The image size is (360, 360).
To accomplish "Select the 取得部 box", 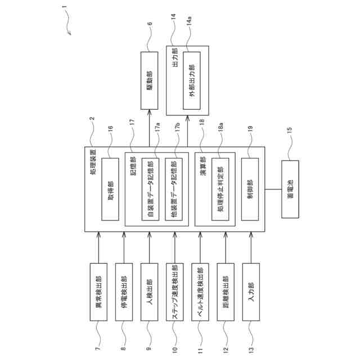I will point(110,188).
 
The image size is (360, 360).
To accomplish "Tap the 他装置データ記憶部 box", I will point(174,188).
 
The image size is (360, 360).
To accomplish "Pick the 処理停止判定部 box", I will point(220,188).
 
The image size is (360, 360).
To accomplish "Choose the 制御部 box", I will point(250,188).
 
